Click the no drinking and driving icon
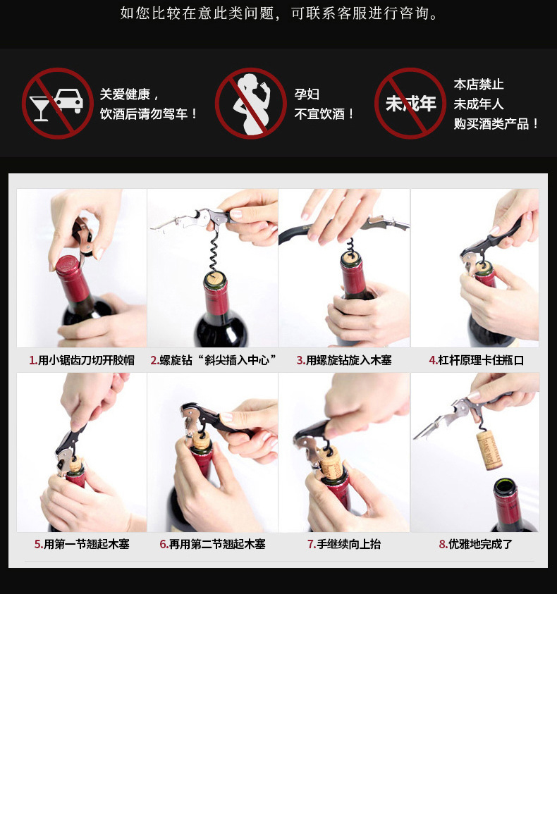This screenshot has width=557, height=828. tap(58, 104)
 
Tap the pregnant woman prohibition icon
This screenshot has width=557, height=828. tap(251, 104)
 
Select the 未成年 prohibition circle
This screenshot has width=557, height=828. tap(410, 104)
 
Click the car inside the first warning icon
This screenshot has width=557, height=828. tap(68, 100)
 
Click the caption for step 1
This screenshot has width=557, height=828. tap(82, 360)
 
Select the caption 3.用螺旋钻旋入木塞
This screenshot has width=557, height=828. tap(344, 360)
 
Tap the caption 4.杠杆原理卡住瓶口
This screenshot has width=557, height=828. tap(476, 360)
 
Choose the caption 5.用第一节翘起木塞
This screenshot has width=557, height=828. tap(82, 544)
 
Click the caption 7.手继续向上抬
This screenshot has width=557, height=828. tap(344, 544)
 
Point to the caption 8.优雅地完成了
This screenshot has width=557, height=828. tap(476, 544)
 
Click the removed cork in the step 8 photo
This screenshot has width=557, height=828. tap(489, 450)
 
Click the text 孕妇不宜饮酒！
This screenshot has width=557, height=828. tap(324, 104)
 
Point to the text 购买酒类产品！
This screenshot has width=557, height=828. tap(496, 123)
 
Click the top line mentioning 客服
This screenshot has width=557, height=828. tap(280, 13)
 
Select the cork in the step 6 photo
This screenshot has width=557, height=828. tap(201, 441)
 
